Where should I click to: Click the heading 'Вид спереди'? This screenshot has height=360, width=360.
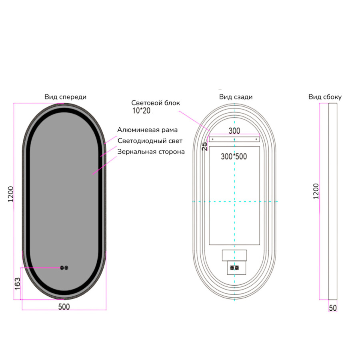pos(66,97)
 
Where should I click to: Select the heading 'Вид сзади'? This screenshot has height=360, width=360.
pos(236,97)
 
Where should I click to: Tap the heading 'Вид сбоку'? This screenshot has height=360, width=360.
pos(325,97)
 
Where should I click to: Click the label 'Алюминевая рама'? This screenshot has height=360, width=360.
pos(147,130)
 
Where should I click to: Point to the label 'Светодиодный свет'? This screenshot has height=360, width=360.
pos(150,141)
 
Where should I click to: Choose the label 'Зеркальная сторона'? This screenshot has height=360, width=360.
pos(151,152)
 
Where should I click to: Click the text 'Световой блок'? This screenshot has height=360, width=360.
pos(156,103)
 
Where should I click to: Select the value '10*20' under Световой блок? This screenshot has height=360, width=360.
pos(141,111)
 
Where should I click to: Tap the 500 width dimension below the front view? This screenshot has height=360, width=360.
pos(64,307)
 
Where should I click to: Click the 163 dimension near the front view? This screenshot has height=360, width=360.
pos(18,284)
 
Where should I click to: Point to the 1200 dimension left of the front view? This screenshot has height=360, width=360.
pos(11,194)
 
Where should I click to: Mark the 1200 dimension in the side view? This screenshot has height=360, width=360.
pos(316,191)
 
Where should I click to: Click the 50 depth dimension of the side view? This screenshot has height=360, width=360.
pos(333,308)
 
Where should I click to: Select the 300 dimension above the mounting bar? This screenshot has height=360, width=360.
pos(234,131)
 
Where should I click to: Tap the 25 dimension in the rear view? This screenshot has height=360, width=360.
pos(204,146)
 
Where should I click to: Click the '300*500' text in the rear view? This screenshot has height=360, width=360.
pos(234,156)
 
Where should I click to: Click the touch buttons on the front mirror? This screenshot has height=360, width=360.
pos(64,268)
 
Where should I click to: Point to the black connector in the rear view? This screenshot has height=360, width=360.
pos(234,268)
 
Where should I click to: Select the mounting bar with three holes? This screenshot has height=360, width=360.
pos(234,139)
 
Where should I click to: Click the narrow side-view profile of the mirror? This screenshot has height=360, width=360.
pos(333,201)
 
